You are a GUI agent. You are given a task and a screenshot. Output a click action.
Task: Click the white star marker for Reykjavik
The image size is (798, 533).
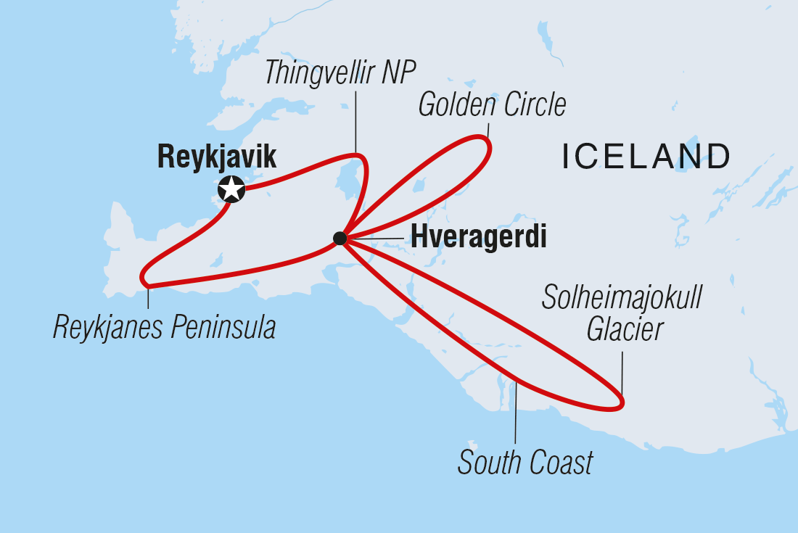tap(231, 190)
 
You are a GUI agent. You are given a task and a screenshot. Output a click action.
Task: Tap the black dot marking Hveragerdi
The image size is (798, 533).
tap(339, 238)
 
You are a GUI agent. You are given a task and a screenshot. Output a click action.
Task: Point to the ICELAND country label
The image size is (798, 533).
tap(646, 157)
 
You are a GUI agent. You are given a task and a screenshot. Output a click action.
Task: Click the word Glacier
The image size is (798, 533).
tap(625, 331)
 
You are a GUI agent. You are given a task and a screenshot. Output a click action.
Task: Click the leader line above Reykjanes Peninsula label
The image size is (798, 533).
tap(148, 298)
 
